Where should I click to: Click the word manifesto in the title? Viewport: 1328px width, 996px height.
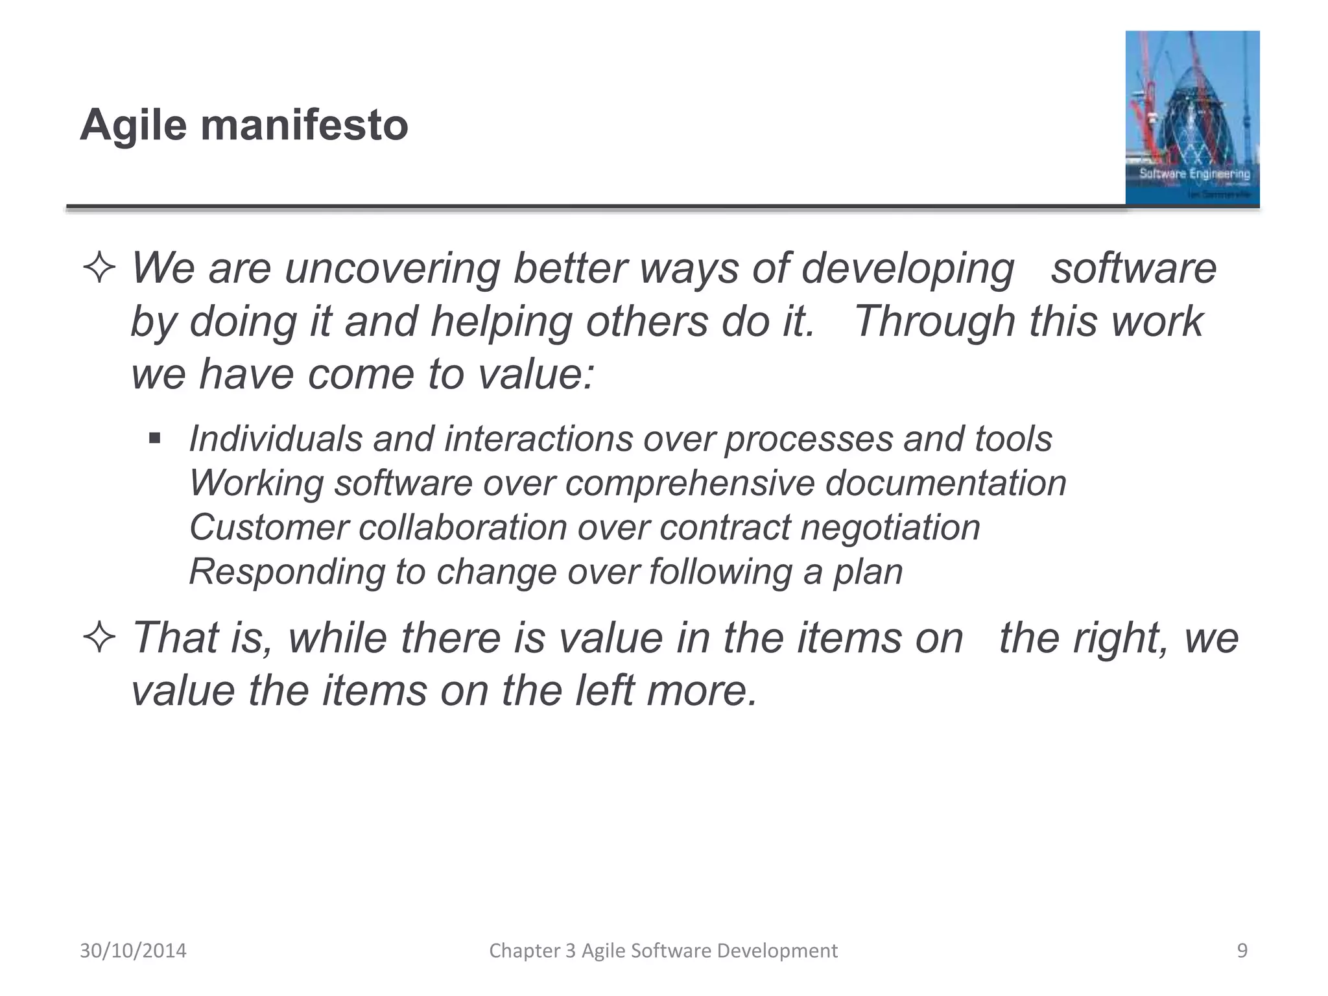coord(305,124)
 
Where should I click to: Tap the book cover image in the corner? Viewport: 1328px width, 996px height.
coord(1192,118)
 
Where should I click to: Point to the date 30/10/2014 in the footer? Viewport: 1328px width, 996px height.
coord(133,951)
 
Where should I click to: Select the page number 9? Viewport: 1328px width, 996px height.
coord(1242,951)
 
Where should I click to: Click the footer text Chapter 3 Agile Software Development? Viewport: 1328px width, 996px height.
coord(663,951)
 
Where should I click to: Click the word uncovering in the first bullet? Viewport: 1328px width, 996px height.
coord(392,268)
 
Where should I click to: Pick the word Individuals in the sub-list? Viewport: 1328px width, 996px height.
coord(276,439)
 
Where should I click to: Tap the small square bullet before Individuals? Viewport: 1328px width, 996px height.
coord(154,439)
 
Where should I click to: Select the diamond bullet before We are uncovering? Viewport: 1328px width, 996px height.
coord(99,268)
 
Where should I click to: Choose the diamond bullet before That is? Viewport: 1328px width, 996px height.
coord(99,638)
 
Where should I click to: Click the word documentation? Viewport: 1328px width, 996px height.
coord(945,484)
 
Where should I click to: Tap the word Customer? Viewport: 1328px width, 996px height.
coord(268,527)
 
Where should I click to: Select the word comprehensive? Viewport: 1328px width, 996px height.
coord(689,484)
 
